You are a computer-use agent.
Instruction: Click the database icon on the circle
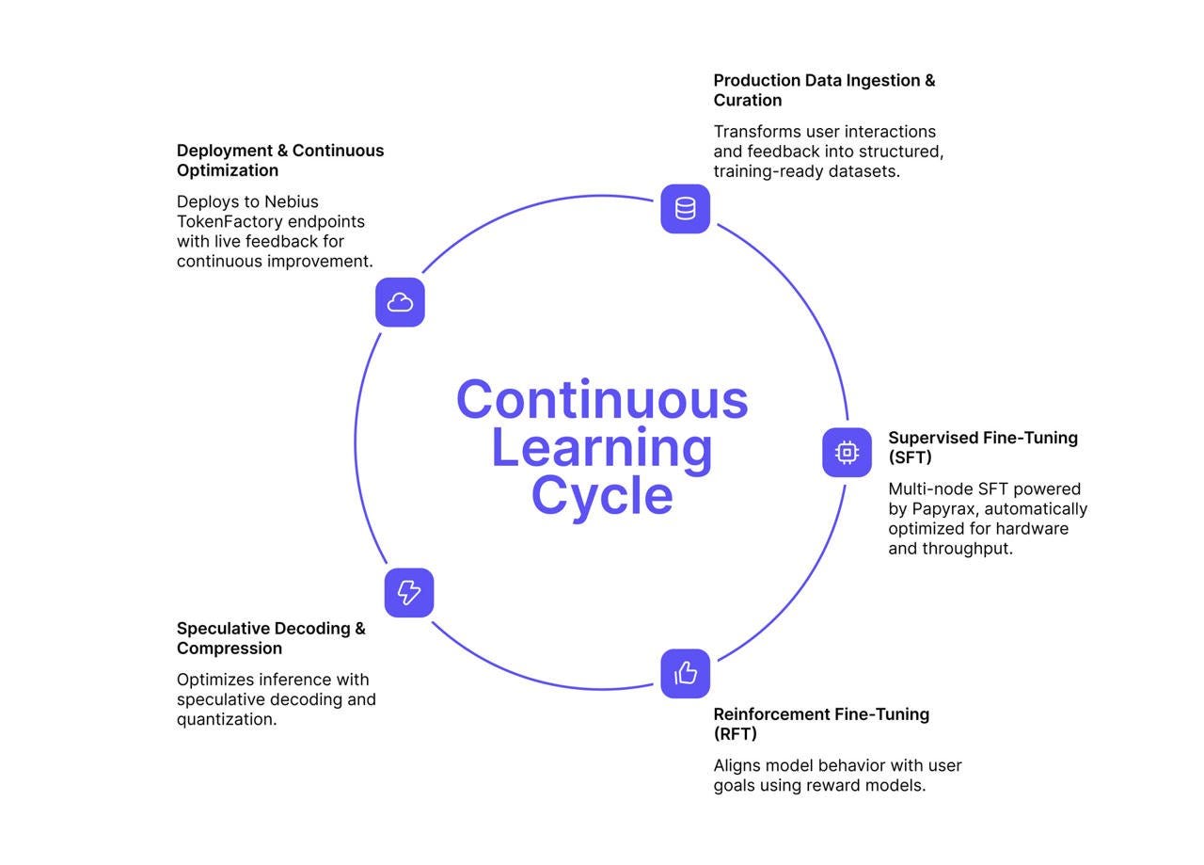click(685, 209)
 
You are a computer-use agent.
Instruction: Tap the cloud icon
click(400, 302)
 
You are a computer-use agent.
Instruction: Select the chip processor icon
click(847, 453)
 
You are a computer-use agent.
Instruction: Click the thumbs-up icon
click(685, 673)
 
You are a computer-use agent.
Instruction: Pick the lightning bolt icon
click(409, 592)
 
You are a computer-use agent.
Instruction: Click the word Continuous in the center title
click(602, 399)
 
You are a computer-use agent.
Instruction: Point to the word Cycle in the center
click(602, 495)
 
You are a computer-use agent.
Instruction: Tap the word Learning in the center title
click(602, 448)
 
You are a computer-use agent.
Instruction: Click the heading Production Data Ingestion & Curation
click(824, 90)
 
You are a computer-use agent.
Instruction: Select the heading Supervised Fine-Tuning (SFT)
click(982, 447)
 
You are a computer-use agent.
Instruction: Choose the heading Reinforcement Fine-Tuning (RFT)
click(820, 724)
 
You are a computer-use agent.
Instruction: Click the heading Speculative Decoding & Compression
click(271, 638)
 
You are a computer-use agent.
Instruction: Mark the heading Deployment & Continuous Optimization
click(280, 160)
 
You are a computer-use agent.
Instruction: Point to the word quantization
click(226, 720)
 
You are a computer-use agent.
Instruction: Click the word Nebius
click(292, 202)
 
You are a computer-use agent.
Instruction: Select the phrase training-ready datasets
click(806, 171)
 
